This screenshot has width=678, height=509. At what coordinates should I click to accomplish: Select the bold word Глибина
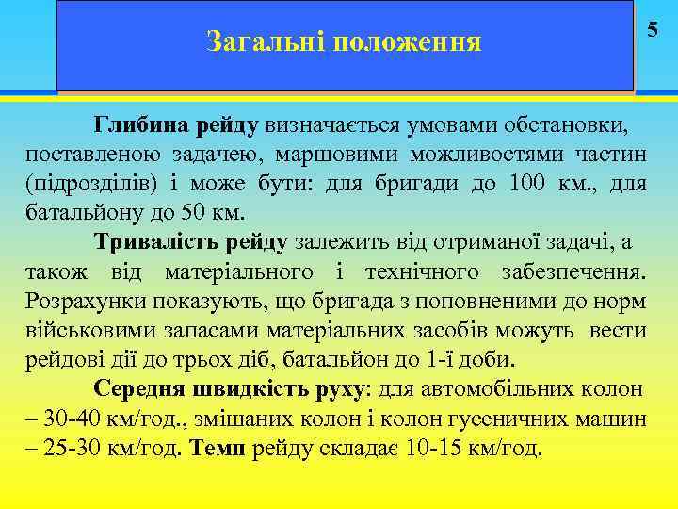142,123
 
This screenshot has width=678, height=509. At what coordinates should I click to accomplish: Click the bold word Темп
218,447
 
